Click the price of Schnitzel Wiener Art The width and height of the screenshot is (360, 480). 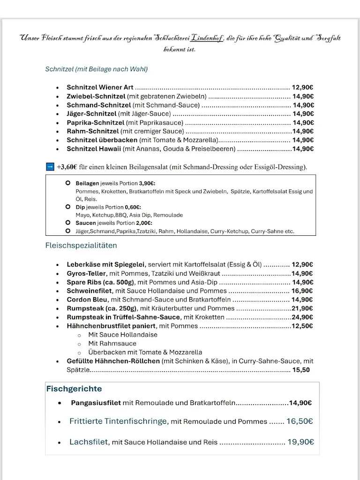303,87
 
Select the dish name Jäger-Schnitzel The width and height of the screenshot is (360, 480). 91,113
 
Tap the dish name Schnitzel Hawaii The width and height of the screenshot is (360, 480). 93,149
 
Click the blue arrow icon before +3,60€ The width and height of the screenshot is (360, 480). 50,166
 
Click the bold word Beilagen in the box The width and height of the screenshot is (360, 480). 87,183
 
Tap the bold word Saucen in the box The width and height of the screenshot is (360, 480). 86,223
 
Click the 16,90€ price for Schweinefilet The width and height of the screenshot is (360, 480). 303,291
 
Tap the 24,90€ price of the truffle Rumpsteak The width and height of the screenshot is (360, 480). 303,317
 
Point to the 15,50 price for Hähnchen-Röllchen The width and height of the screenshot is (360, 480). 301,370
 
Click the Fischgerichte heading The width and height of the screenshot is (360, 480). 74,389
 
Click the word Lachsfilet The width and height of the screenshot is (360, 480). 89,442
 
